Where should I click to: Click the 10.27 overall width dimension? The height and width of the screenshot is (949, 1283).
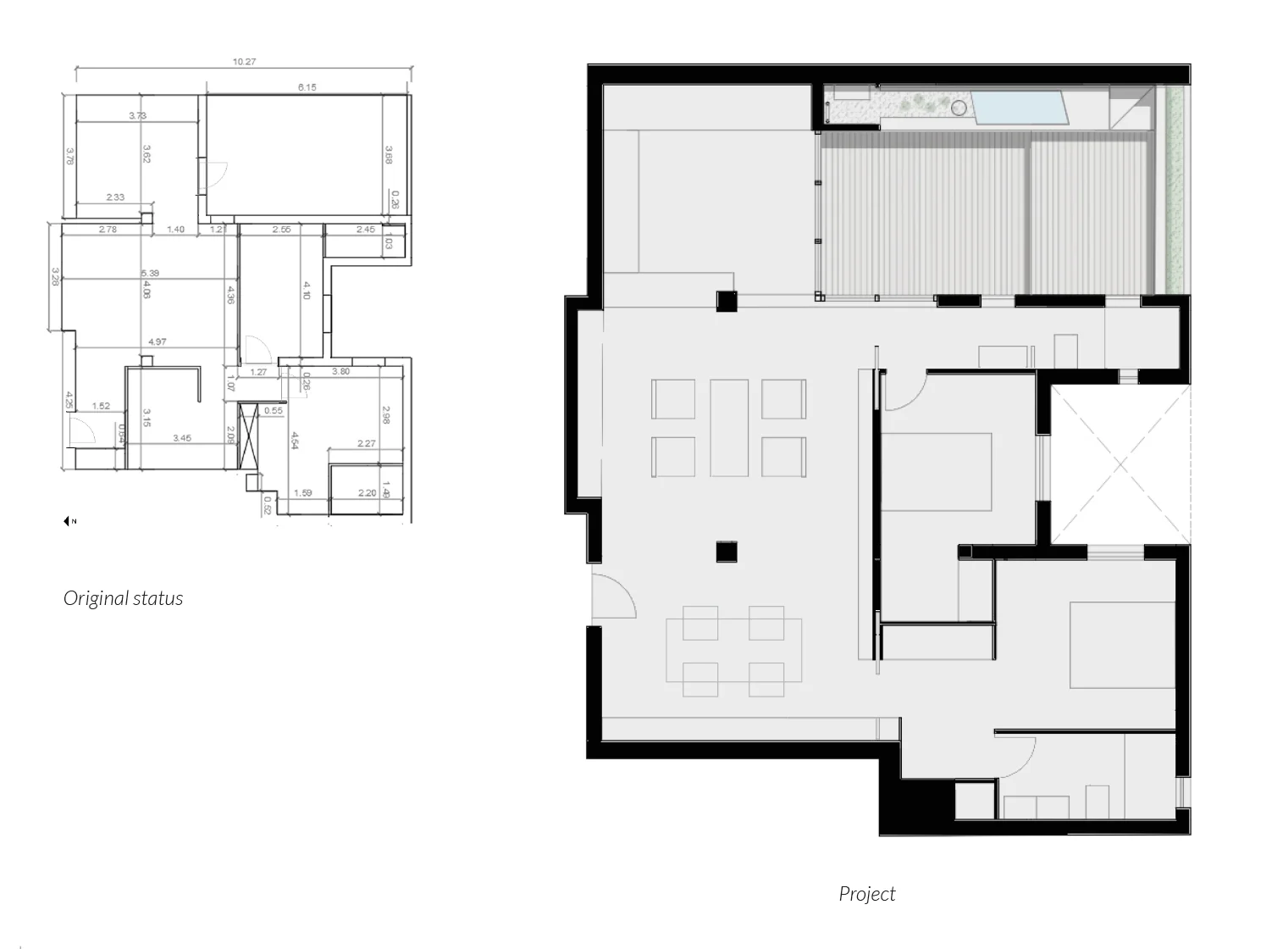[244, 62]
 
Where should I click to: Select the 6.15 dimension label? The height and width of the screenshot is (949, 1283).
[307, 86]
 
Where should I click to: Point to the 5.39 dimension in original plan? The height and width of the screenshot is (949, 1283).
[150, 273]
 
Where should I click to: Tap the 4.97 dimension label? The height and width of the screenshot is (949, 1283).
[157, 342]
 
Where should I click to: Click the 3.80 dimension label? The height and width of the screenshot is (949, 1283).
[340, 371]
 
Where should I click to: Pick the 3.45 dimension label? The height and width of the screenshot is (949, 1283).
[181, 438]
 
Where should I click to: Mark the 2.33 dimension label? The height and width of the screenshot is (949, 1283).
[115, 197]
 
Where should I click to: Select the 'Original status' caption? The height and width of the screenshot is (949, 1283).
[124, 598]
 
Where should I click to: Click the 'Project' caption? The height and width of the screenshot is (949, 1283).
[866, 894]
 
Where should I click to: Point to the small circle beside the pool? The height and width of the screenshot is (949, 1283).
[959, 108]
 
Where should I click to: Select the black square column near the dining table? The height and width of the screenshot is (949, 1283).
[727, 552]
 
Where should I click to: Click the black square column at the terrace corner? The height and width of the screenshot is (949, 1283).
[727, 301]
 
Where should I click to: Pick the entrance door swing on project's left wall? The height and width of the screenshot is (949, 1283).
[611, 597]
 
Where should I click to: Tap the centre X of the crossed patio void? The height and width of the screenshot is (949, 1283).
[1120, 463]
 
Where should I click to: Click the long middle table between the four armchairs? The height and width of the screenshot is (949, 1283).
[729, 428]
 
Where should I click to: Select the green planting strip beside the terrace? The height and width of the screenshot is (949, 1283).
[1175, 191]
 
